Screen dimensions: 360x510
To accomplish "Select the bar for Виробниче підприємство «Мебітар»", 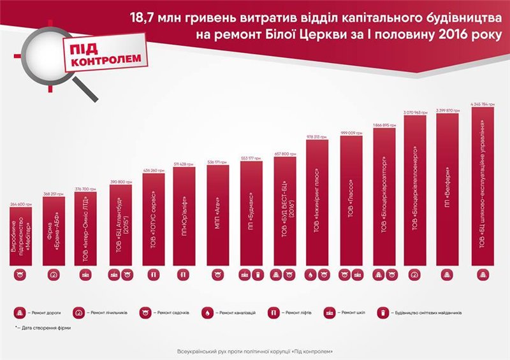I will click(20, 236).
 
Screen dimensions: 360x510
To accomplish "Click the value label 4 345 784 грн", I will click(483, 103).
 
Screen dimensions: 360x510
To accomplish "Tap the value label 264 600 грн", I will click(20, 204).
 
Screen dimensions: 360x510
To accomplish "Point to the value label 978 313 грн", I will click(317, 136).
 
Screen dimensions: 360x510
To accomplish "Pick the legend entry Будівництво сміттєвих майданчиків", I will click(421, 313).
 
